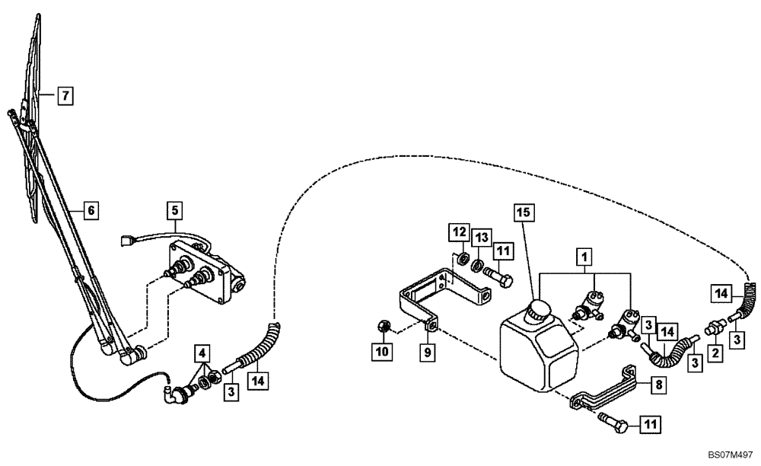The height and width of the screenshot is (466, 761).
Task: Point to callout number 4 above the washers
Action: [x=201, y=353]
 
